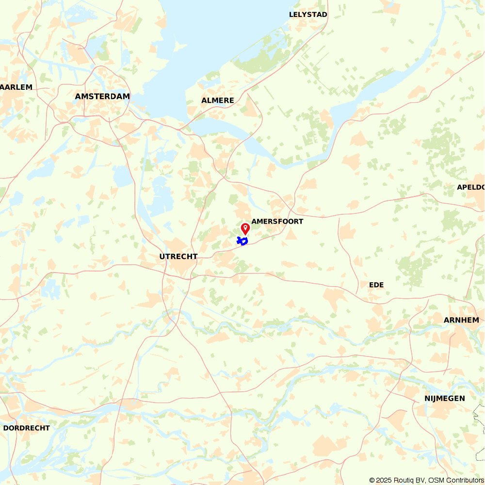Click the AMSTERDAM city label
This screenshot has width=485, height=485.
102,97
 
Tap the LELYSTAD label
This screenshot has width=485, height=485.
308,15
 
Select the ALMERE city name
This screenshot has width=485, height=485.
218,100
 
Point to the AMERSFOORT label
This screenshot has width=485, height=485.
277,222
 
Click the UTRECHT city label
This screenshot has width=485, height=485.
178,257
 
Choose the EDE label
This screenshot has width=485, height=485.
376,285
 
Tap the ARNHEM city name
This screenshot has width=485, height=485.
461,320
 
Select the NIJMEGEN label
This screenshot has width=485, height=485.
445,399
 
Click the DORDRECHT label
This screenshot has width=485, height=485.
26,428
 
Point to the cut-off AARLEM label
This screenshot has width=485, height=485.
16,87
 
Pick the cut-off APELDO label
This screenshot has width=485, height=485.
471,187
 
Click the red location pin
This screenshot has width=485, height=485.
245,228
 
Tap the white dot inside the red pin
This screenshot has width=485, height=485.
245,226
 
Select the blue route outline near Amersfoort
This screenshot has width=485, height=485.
242,241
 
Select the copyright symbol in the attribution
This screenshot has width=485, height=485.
372,480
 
